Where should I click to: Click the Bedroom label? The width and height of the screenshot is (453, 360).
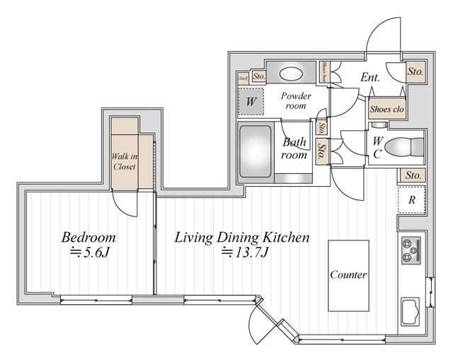[88, 237]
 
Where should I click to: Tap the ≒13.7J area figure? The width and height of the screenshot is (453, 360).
[243, 253]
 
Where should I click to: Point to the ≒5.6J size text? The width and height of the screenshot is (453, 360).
[88, 253]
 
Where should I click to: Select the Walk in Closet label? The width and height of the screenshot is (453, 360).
[124, 161]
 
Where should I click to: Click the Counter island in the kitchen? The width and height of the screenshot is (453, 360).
[348, 274]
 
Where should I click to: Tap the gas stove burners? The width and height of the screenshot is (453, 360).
[411, 249]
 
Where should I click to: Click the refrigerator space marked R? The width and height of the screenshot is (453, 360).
[411, 200]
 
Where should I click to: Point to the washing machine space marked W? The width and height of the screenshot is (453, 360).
[251, 101]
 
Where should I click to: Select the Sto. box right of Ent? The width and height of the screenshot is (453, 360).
[415, 71]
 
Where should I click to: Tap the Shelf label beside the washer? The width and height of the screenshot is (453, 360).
[242, 77]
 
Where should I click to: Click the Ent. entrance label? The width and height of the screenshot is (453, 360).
[369, 77]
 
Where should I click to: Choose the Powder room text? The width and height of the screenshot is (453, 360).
[295, 100]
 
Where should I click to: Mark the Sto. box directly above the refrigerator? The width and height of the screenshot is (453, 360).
[412, 175]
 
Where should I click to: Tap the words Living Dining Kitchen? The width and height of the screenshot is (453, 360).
[242, 237]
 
